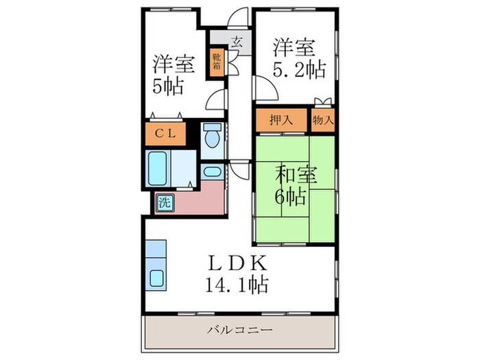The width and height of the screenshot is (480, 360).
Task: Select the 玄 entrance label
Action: pyautogui.click(x=235, y=43)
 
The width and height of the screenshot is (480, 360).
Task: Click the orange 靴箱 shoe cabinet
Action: pyautogui.click(x=216, y=62)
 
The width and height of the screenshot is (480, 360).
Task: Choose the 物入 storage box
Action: pyautogui.click(x=323, y=119)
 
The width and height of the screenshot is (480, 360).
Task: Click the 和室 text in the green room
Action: pyautogui.click(x=296, y=174)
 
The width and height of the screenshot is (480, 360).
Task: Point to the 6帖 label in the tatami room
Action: pyautogui.click(x=291, y=196)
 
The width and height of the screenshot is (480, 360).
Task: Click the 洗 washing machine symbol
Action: pyautogui.click(x=165, y=202)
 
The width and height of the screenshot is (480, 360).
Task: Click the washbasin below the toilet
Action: pyautogui.click(x=213, y=171)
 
